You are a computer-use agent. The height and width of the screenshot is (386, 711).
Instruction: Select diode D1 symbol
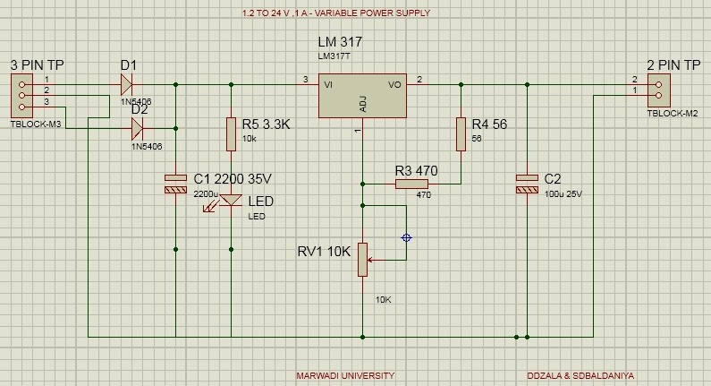[x=127, y=84]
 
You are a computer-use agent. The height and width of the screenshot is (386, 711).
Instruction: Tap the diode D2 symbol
[x=138, y=128]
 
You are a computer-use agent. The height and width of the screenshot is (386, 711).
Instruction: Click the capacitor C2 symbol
[x=527, y=184]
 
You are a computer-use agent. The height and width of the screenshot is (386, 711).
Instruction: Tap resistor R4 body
[x=461, y=133]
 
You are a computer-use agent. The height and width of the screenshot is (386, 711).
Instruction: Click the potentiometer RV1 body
[x=363, y=259]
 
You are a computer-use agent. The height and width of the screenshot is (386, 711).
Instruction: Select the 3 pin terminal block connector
[x=21, y=93]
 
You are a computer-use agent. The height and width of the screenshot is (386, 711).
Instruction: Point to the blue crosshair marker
[x=407, y=238]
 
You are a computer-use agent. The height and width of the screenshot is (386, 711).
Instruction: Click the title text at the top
[x=336, y=13]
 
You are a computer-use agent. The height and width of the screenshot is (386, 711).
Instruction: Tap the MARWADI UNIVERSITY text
[x=344, y=375]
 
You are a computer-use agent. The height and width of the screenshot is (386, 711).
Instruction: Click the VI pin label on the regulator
[x=330, y=85]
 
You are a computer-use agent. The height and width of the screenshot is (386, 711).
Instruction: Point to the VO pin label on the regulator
[x=395, y=85]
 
